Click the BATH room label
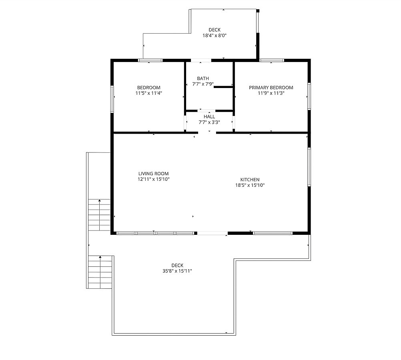coord(203,78)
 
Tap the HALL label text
coord(209,117)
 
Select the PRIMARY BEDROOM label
coord(271,88)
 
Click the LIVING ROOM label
coord(153,174)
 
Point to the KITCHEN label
coord(250,180)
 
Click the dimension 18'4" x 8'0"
coord(215,36)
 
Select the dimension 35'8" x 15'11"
coord(177,271)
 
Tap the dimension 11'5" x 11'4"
coord(149,93)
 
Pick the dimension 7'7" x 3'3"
coord(209,122)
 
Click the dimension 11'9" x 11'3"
coord(271,93)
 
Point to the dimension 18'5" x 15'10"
coord(250,185)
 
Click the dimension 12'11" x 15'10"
coord(153,179)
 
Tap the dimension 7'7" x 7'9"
coord(203,84)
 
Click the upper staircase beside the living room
coord(99,215)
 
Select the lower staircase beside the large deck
coord(100,272)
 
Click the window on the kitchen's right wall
coord(309,167)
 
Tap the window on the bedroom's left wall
coord(112,99)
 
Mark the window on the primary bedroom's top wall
coord(272,60)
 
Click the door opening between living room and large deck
coord(212,233)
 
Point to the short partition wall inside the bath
coord(223,87)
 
